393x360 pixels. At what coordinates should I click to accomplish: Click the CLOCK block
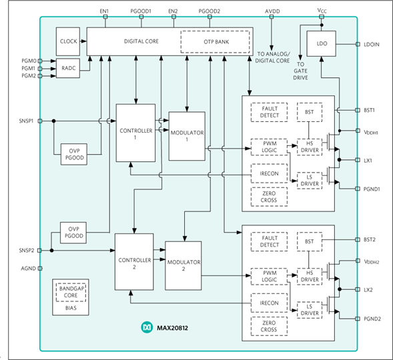68,41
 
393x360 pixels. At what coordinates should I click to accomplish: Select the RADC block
68,68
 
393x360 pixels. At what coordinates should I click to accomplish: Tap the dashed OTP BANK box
215,42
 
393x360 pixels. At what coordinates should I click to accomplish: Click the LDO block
322,43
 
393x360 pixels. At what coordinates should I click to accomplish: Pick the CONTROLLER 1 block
135,133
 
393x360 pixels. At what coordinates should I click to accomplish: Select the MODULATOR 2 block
183,265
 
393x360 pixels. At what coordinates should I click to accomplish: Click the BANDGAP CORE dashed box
71,292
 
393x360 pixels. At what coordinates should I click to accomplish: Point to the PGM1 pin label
29,69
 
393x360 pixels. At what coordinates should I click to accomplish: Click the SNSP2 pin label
27,251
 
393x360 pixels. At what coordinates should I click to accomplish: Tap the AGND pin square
40,269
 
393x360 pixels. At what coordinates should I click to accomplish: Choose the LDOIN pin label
372,45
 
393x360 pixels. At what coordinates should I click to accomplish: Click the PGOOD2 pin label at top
210,11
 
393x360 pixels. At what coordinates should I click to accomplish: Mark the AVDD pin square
272,17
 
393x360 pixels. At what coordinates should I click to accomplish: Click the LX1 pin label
368,161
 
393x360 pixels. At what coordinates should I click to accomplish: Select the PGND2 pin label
372,319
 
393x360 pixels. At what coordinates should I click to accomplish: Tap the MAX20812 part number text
172,328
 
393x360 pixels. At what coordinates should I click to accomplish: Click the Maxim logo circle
147,327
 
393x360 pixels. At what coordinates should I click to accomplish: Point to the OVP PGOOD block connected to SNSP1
74,154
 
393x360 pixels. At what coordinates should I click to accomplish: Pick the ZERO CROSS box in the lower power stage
269,326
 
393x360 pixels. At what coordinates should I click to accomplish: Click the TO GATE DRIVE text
300,71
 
